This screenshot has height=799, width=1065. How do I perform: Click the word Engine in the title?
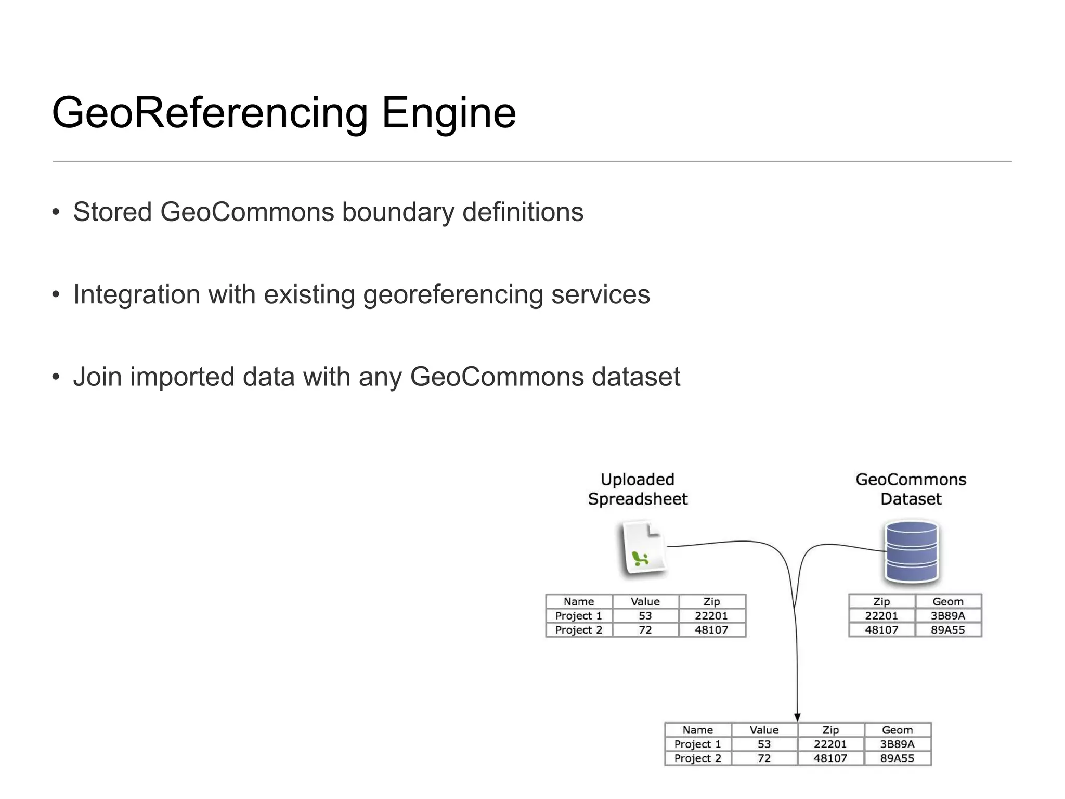[x=448, y=113]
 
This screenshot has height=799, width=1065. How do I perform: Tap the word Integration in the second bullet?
[x=136, y=294]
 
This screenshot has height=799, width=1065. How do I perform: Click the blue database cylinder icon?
[x=911, y=552]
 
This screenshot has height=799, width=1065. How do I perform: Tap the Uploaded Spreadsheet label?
[x=638, y=489]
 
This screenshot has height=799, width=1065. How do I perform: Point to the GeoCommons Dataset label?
[x=911, y=489]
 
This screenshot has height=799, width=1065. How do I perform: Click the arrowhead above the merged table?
[x=797, y=717]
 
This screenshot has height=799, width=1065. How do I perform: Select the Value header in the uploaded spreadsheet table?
[x=645, y=602]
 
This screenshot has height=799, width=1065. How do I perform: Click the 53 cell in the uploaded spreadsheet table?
[x=645, y=616]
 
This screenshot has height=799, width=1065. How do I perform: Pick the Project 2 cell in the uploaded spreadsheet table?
[x=578, y=630]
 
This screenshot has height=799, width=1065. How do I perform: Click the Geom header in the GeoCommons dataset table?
[x=947, y=602]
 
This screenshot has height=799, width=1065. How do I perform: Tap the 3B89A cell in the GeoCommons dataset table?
[x=947, y=616]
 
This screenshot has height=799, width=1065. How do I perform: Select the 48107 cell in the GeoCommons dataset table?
[x=881, y=630]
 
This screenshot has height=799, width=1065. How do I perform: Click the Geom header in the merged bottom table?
[x=897, y=730]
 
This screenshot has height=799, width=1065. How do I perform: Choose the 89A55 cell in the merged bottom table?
[x=897, y=758]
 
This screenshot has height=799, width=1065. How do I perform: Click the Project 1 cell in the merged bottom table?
[x=697, y=744]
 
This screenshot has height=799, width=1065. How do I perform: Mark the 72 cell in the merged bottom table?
[x=764, y=758]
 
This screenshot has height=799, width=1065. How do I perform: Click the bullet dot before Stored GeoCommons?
[x=56, y=212]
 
